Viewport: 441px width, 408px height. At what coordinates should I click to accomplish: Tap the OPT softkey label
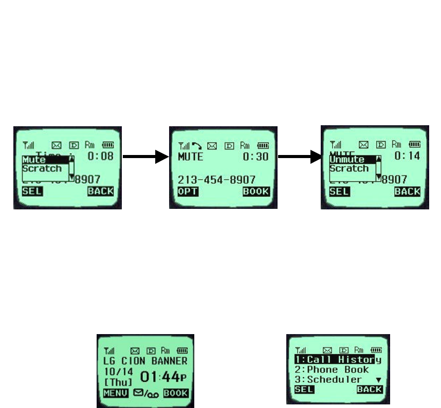tap(188, 192)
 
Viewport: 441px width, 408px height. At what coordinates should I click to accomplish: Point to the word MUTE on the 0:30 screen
tap(191, 157)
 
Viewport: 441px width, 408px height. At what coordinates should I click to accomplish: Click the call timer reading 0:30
tap(255, 157)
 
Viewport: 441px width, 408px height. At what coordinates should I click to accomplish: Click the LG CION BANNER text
tap(145, 361)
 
